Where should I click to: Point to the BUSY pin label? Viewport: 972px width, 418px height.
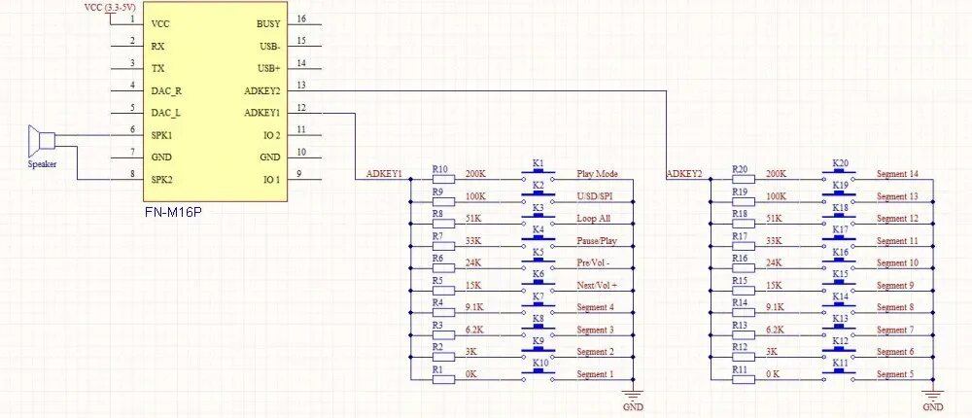click(x=268, y=23)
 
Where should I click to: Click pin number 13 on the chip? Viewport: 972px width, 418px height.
click(x=302, y=87)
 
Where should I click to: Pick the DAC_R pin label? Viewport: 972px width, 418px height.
click(x=168, y=90)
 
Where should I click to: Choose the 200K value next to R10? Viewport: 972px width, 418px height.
click(x=476, y=174)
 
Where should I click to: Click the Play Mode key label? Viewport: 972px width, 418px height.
click(x=598, y=174)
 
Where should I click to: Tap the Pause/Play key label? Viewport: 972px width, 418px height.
click(x=597, y=240)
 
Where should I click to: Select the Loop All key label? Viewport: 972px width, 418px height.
click(x=594, y=218)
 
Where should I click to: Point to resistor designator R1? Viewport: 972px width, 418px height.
click(x=437, y=368)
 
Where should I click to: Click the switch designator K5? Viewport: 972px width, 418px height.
click(x=538, y=251)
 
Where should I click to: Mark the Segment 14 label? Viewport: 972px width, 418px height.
click(x=897, y=174)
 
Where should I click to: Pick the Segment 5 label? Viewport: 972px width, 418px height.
click(x=895, y=374)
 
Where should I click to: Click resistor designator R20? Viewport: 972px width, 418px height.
click(x=739, y=169)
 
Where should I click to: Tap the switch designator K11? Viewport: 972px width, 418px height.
click(x=841, y=363)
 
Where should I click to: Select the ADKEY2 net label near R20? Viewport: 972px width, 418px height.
click(x=684, y=174)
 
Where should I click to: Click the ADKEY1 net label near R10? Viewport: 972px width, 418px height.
click(x=384, y=174)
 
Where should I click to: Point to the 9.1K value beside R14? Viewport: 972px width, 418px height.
click(x=774, y=307)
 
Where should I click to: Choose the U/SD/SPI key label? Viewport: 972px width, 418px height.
click(x=596, y=196)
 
